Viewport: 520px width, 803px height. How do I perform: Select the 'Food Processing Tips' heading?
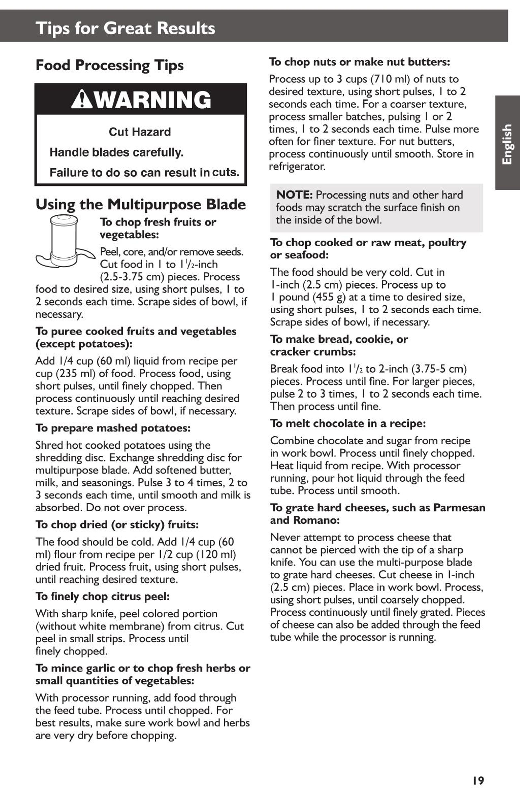click(110, 65)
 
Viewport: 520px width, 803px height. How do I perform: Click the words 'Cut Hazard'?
click(140, 132)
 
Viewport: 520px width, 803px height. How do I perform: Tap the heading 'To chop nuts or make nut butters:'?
click(359, 62)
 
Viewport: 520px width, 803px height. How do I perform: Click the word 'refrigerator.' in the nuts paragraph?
click(297, 166)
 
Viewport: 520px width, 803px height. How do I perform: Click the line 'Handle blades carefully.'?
click(116, 152)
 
